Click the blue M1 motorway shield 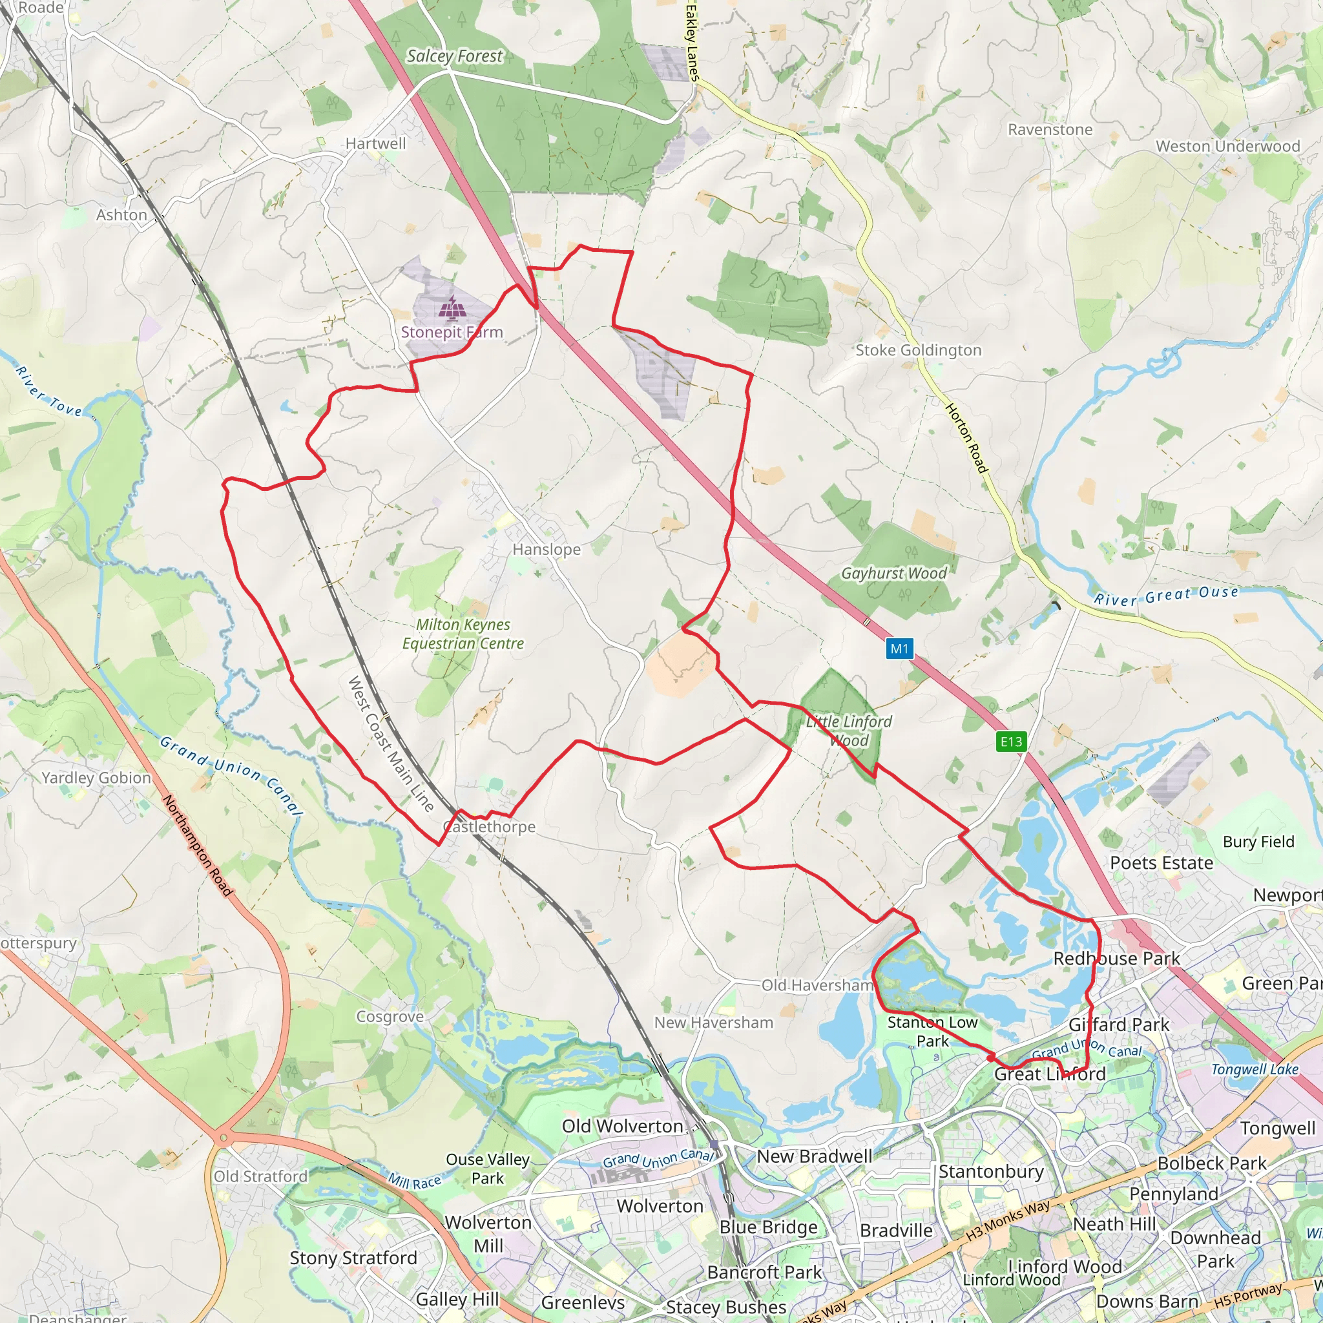click(x=899, y=649)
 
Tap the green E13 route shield click(x=1011, y=742)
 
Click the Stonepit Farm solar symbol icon click(x=453, y=308)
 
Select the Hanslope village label click(x=546, y=549)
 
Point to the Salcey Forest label click(x=454, y=56)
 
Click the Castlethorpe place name click(x=490, y=826)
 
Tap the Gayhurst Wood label click(x=893, y=573)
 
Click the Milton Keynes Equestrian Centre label click(x=463, y=634)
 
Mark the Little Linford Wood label click(x=848, y=731)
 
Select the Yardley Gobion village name click(x=96, y=777)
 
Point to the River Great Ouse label click(x=1165, y=596)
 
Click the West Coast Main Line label click(x=390, y=744)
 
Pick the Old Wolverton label click(x=622, y=1126)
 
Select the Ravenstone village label click(x=1050, y=129)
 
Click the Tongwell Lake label click(x=1255, y=1070)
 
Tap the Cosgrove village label click(x=390, y=1016)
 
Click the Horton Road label click(x=966, y=438)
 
